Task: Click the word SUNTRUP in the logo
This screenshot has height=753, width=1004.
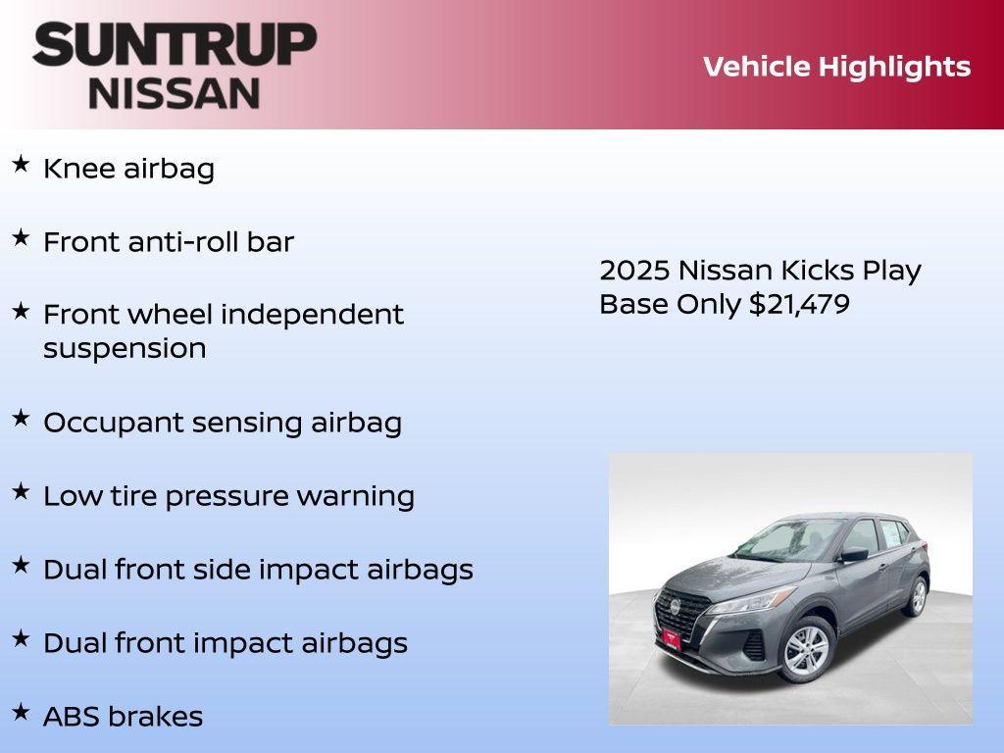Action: coord(175,45)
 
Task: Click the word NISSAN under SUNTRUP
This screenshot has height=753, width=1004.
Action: coord(175,92)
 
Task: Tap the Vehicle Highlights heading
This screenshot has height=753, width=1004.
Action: coord(836,67)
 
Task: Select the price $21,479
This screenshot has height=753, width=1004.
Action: coord(799,304)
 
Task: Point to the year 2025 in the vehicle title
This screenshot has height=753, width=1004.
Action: coord(633,271)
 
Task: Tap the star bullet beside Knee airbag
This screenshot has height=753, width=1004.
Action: coord(21,165)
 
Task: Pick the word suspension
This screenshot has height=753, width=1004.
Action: coord(125,349)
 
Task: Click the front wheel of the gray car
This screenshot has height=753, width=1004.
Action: coord(807,650)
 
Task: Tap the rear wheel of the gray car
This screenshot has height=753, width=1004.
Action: coord(918,596)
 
